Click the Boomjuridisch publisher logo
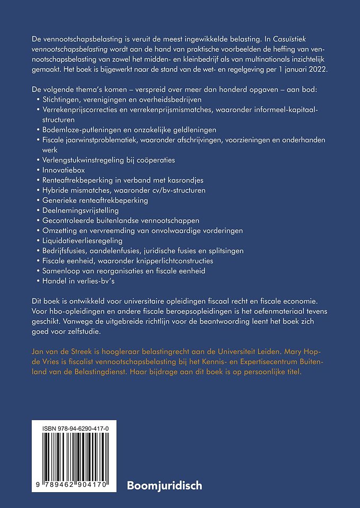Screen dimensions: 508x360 [165, 484]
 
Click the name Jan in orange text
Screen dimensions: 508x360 [38, 351]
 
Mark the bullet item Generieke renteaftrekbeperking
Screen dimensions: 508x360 [95, 200]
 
